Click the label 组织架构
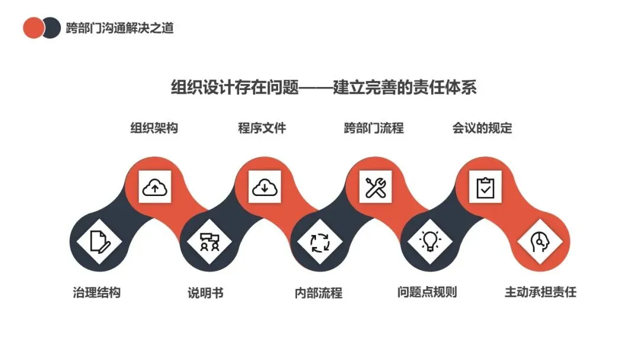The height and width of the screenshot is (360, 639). (154, 128)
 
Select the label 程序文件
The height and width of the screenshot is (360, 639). (262, 128)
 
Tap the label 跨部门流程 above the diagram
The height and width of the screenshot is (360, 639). (373, 128)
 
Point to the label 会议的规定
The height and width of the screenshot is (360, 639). (482, 128)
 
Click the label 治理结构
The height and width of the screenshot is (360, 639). (96, 292)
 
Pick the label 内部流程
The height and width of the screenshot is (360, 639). (318, 292)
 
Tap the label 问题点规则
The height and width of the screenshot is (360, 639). (427, 292)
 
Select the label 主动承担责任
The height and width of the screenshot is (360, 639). (540, 292)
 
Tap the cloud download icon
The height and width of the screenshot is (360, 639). (264, 188)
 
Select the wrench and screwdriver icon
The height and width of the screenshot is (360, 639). (375, 188)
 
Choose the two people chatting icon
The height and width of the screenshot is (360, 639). (209, 242)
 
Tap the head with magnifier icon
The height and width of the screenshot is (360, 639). (539, 242)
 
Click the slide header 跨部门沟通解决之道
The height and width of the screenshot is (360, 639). (120, 27)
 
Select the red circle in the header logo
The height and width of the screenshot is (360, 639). (32, 27)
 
